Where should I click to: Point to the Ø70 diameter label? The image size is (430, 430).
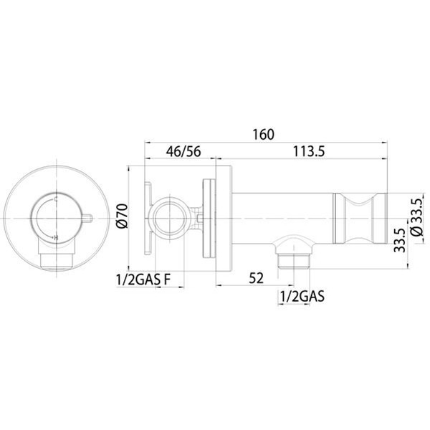pyautogui.click(x=121, y=216)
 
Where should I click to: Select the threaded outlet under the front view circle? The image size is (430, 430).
pyautogui.click(x=55, y=257)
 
